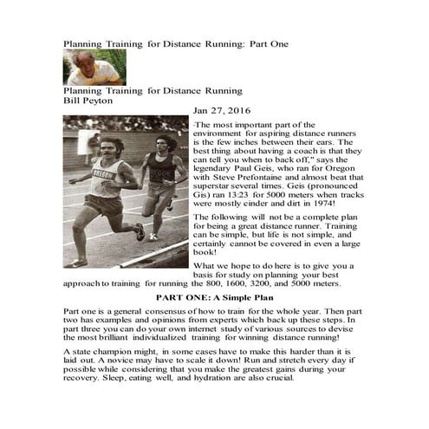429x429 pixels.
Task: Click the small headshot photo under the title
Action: tap(94, 67)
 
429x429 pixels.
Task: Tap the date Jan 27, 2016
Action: tap(221, 111)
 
